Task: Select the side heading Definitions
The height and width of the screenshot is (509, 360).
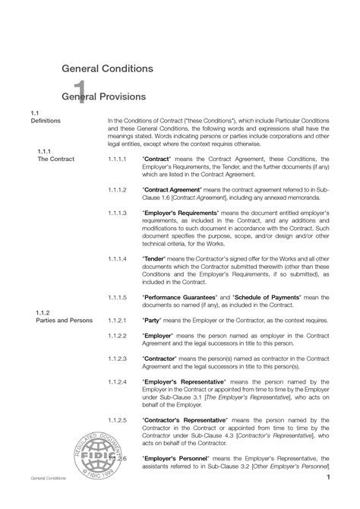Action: [x=45, y=121]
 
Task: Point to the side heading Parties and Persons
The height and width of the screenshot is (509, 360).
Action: [x=65, y=321]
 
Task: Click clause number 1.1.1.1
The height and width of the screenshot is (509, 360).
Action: [x=118, y=160]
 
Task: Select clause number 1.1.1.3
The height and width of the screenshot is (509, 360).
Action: [x=118, y=213]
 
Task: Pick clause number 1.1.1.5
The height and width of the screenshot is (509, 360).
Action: [x=118, y=296]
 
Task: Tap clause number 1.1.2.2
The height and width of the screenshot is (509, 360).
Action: [x=118, y=335]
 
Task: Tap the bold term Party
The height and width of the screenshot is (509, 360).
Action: [x=153, y=321]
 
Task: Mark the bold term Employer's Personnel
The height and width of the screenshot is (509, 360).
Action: [x=180, y=459]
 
